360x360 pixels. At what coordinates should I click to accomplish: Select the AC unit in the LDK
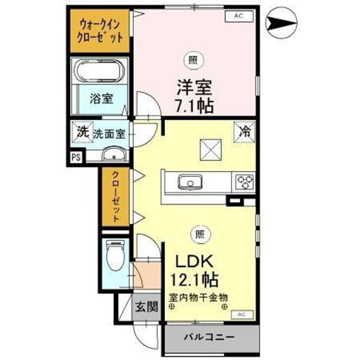point(241,314)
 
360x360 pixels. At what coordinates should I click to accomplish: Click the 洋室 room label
point(194,86)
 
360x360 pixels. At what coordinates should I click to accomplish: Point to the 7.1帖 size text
point(194,106)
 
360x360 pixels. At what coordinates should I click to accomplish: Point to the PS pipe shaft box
point(76,157)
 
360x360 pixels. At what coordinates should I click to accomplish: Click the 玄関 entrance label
point(146,308)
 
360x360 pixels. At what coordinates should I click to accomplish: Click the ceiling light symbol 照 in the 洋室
point(193,59)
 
